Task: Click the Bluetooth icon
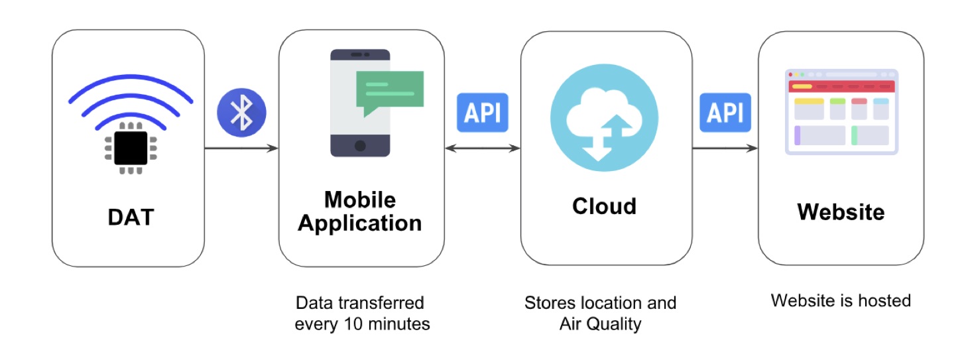241,113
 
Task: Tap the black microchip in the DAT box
131,148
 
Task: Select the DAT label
131,217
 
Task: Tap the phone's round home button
360,146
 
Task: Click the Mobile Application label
360,211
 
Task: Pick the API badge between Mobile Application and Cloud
483,112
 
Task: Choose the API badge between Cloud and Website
725,112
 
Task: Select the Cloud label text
604,206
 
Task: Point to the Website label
841,212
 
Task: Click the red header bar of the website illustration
841,86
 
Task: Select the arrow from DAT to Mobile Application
241,149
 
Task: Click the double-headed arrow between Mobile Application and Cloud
483,149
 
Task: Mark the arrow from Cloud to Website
725,149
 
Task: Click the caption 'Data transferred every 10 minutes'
362,314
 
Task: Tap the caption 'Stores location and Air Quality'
600,314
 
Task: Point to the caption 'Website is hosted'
841,301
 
